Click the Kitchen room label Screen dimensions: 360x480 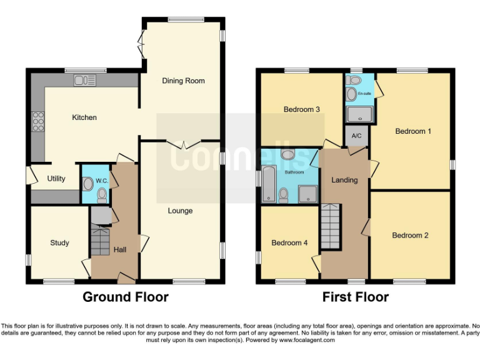pyautogui.click(x=84, y=117)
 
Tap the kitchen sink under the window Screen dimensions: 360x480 pyautogui.click(x=84, y=80)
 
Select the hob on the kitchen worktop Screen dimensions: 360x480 pyautogui.click(x=37, y=120)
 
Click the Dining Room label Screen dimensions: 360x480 pyautogui.click(x=183, y=81)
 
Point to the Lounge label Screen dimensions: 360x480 pyautogui.click(x=180, y=211)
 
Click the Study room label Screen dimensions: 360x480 pyautogui.click(x=59, y=242)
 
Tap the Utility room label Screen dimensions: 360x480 pyautogui.click(x=56, y=179)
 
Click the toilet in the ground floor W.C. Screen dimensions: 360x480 pyautogui.click(x=102, y=195)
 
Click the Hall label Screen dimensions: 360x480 pyautogui.click(x=120, y=250)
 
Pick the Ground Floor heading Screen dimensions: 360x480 pyautogui.click(x=126, y=297)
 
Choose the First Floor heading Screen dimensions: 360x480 pyautogui.click(x=355, y=297)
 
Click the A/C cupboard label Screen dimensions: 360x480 pyautogui.click(x=357, y=136)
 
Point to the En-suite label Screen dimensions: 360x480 pyautogui.click(x=363, y=94)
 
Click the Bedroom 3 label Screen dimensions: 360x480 pyautogui.click(x=302, y=109)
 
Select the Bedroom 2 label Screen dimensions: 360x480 pyautogui.click(x=410, y=235)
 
